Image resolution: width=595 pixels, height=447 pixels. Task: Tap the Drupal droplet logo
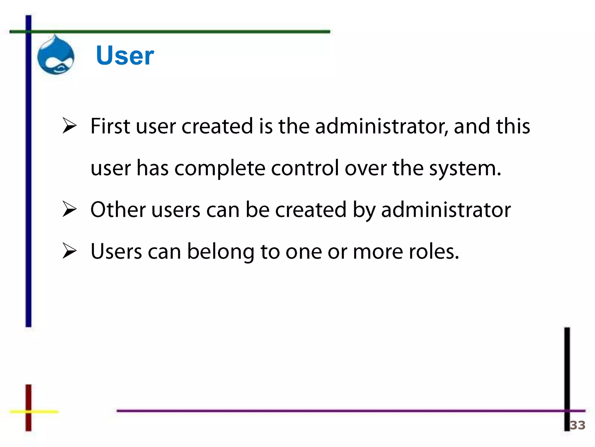coord(56,55)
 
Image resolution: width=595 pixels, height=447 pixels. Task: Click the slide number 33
coord(577,425)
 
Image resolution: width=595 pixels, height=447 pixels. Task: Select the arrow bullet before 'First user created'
coord(69,126)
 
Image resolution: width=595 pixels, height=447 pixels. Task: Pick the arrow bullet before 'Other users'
coord(69,209)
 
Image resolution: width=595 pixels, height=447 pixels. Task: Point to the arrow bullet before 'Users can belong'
coord(69,251)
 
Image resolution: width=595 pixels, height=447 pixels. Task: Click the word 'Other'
coord(118,210)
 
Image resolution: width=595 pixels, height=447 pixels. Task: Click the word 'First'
coord(110,126)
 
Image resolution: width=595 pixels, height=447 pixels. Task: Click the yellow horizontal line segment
coord(44,411)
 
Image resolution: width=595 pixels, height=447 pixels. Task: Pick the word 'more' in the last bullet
coord(378,252)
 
